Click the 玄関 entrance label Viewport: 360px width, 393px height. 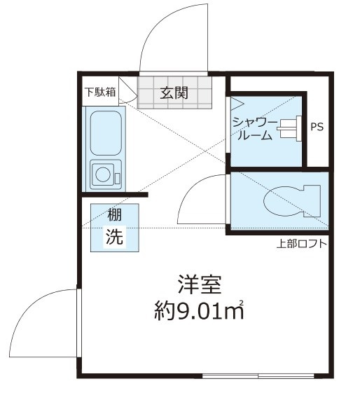click(x=174, y=92)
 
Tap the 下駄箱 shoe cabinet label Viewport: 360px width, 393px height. click(x=100, y=92)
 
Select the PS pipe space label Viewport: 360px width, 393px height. click(x=317, y=127)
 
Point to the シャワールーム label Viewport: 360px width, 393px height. click(x=255, y=129)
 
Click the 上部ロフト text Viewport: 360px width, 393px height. click(x=302, y=244)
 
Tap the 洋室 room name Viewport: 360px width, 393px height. click(x=200, y=284)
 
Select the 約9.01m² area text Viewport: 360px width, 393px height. click(x=199, y=310)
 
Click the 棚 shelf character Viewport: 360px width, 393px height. click(x=114, y=215)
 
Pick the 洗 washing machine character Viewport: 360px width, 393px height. click(x=114, y=236)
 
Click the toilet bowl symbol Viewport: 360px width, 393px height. click(x=292, y=201)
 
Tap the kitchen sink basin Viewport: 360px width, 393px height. click(x=106, y=133)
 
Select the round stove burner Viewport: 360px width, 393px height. click(x=103, y=174)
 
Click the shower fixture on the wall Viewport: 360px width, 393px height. click(x=289, y=129)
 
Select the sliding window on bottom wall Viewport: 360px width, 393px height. click(x=258, y=376)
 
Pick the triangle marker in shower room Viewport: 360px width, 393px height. click(x=237, y=104)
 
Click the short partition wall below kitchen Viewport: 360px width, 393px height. click(x=115, y=195)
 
